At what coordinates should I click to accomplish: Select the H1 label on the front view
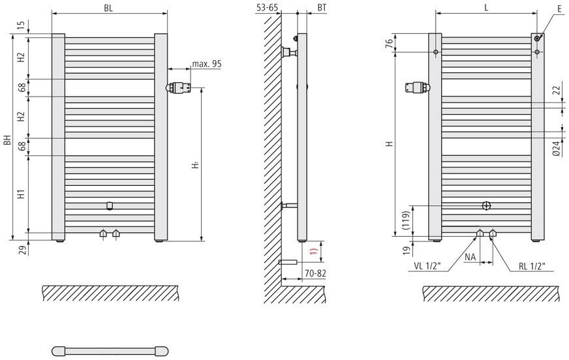tap(22, 194)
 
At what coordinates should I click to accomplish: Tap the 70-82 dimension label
tap(315, 273)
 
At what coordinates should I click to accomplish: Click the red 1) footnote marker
tap(314, 250)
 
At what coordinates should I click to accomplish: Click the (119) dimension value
tap(405, 220)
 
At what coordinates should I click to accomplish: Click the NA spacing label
tap(470, 257)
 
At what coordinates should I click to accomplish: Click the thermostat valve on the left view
tap(179, 87)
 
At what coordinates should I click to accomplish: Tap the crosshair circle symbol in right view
tap(486, 206)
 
